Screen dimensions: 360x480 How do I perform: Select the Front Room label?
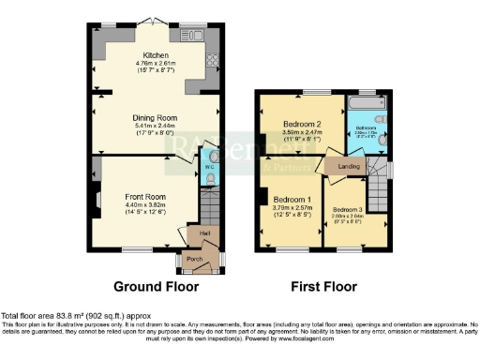(145, 197)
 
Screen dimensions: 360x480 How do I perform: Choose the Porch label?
(194, 259)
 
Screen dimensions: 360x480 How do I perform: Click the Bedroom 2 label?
(302, 124)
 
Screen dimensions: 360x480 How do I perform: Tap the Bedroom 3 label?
(348, 209)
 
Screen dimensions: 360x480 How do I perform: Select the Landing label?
(350, 167)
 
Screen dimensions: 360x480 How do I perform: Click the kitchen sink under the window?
(193, 35)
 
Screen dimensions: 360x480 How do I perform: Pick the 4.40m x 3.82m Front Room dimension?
(145, 204)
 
